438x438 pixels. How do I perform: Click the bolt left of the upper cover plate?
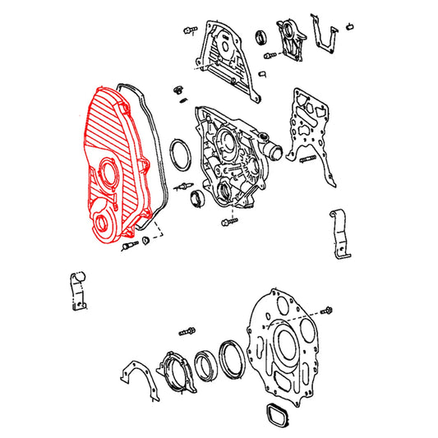(188, 30)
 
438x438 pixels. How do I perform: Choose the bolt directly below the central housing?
(233, 220)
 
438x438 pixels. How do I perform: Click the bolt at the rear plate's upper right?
(330, 309)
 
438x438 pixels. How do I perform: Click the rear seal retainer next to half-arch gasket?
(174, 371)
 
